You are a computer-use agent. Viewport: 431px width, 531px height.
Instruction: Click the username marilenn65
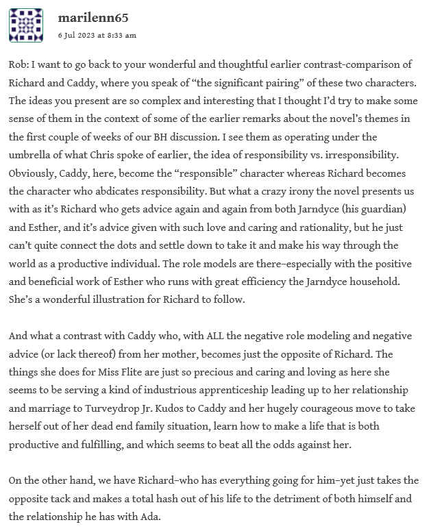[93, 18]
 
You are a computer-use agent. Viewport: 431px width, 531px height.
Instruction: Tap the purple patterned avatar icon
[26, 26]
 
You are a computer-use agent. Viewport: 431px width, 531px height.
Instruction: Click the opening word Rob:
[21, 65]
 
